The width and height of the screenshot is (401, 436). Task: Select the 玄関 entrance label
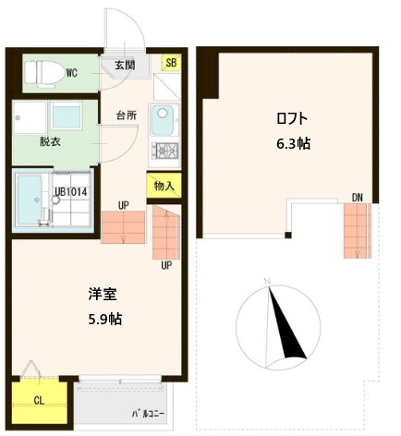pyautogui.click(x=125, y=65)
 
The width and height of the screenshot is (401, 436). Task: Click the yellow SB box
pyautogui.click(x=171, y=63)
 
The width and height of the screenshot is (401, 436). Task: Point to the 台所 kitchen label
pyautogui.click(x=127, y=115)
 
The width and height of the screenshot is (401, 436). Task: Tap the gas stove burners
pyautogui.click(x=168, y=150)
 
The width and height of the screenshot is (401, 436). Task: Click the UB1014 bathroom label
pyautogui.click(x=71, y=192)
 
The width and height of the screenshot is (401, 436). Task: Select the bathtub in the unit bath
pyautogui.click(x=32, y=199)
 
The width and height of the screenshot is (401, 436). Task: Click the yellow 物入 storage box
pyautogui.click(x=164, y=186)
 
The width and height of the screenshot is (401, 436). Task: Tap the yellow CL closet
pyautogui.click(x=39, y=401)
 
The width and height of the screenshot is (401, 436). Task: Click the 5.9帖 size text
pyautogui.click(x=103, y=319)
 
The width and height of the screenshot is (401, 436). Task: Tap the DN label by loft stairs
pyautogui.click(x=357, y=197)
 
